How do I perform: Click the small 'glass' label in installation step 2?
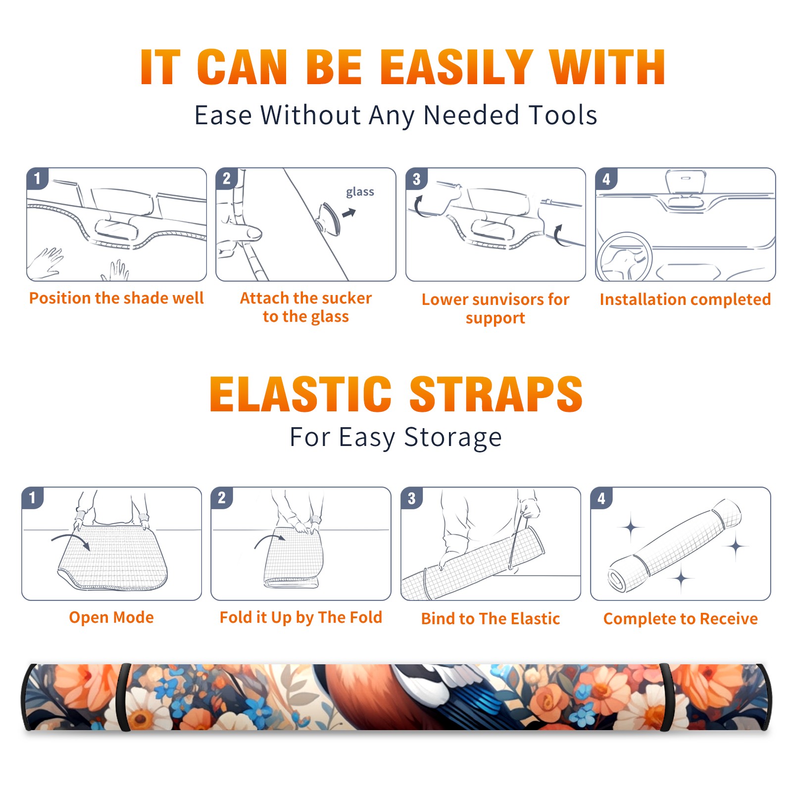click(360, 192)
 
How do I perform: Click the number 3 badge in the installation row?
click(416, 179)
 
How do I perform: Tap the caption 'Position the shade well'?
click(116, 298)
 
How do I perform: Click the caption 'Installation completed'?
click(685, 299)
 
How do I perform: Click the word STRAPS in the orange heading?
click(496, 394)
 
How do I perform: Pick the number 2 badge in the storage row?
click(222, 497)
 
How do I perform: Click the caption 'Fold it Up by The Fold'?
click(301, 617)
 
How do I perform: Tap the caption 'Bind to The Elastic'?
click(491, 618)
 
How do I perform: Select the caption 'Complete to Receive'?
click(681, 618)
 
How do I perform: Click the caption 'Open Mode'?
click(111, 617)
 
